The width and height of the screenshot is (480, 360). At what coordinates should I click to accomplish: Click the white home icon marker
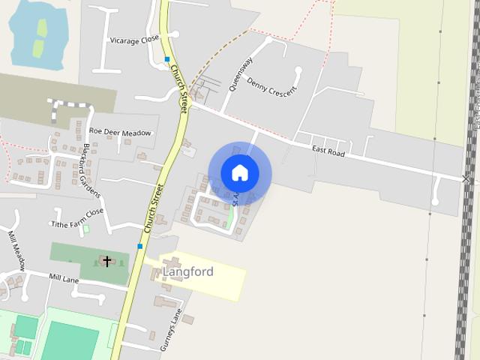[239, 173]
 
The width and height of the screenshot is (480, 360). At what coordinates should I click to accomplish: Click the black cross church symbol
[107, 261]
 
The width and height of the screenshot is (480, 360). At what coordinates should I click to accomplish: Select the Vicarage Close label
[135, 40]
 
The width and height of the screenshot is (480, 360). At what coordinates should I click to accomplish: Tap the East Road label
[328, 151]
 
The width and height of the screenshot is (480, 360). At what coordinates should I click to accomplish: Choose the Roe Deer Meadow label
[120, 133]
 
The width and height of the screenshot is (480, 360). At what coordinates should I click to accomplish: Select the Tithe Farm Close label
[76, 218]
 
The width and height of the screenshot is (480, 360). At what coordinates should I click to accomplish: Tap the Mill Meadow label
[16, 250]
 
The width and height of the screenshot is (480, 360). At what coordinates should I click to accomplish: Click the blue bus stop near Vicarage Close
[167, 59]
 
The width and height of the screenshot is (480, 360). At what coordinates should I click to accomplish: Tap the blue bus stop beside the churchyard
[139, 246]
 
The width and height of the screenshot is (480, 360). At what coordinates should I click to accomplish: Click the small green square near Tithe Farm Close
[85, 229]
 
